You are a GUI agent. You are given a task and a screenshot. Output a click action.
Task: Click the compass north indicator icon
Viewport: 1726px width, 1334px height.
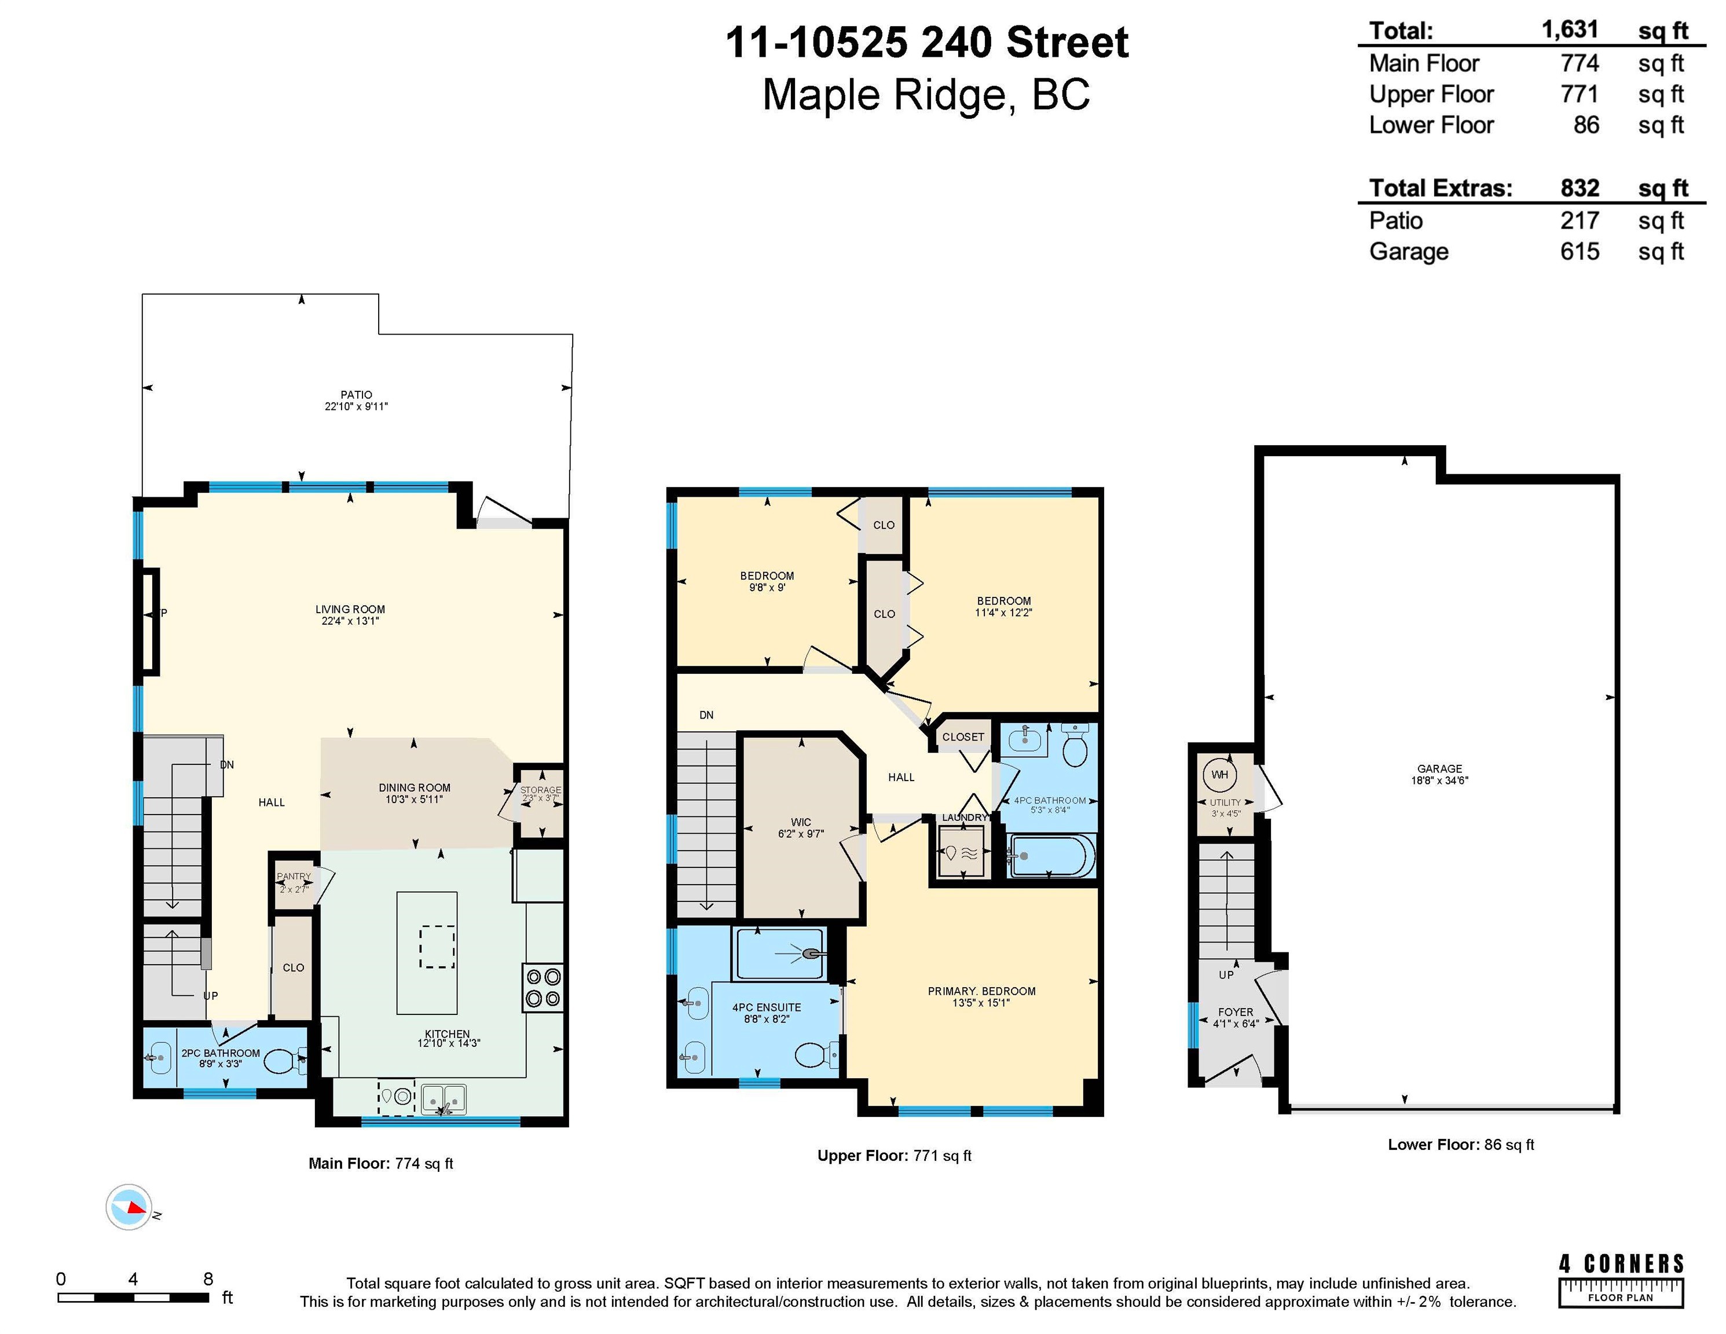point(129,1208)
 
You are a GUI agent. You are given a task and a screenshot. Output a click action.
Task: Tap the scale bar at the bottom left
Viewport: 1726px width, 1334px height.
point(134,1298)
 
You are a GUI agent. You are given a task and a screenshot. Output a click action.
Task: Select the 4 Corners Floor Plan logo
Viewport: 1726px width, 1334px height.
point(1621,1280)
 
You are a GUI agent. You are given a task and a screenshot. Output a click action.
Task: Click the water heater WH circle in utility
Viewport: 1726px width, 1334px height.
point(1219,775)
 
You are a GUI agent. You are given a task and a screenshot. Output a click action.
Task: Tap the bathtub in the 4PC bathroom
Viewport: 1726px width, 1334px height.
point(1051,856)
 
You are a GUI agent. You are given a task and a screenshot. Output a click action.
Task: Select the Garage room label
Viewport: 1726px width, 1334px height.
point(1439,775)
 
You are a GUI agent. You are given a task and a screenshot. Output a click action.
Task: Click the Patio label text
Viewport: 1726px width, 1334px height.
point(357,401)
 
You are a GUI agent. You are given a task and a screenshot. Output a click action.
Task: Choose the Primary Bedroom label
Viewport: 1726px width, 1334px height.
point(981,996)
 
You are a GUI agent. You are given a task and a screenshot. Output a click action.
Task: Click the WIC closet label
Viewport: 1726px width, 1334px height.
point(801,827)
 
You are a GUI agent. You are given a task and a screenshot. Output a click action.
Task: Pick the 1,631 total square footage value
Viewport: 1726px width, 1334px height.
point(1570,30)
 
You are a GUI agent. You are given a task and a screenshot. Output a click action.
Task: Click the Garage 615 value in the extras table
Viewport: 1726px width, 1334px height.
point(1580,251)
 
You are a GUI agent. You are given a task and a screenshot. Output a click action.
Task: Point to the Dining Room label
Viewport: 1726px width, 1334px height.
point(414,793)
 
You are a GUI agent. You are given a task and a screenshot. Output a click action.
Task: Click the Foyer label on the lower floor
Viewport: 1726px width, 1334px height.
point(1235,1017)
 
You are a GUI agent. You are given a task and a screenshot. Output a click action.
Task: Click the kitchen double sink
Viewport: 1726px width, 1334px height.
point(444,1098)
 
